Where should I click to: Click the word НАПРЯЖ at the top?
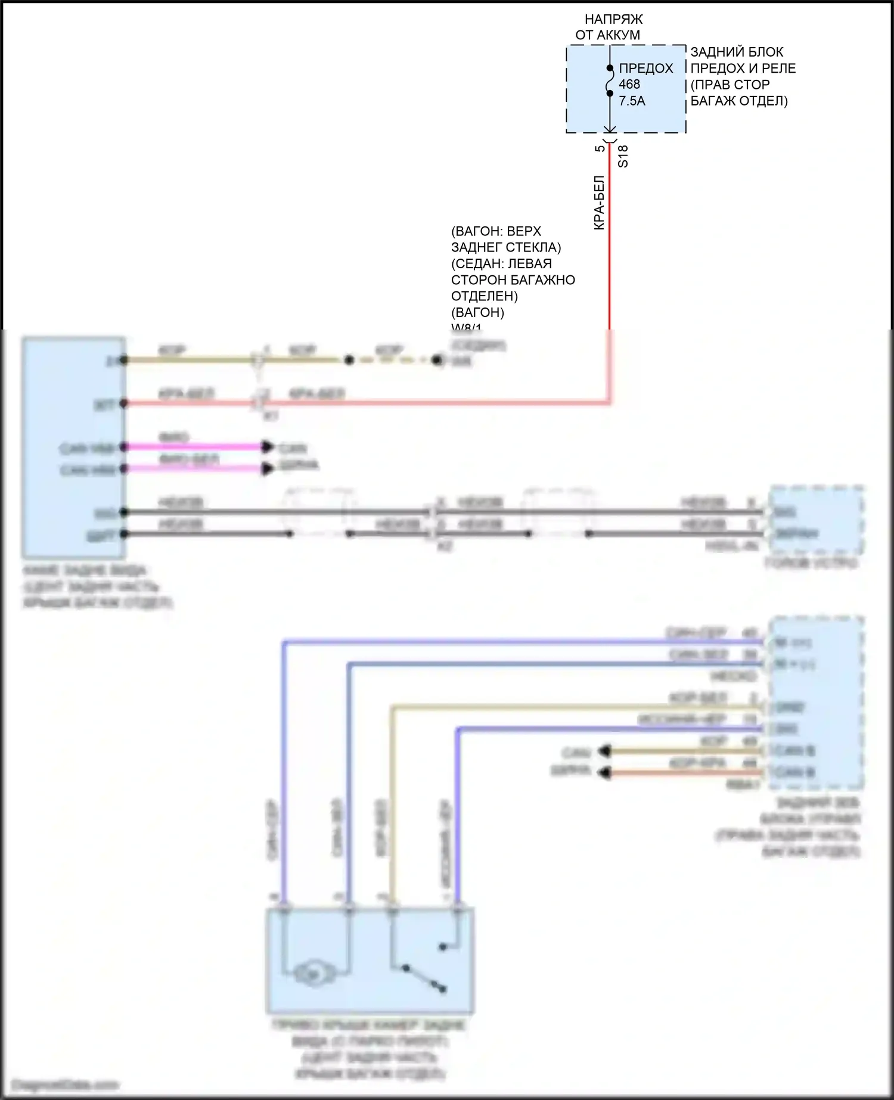[x=613, y=19]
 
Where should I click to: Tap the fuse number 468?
[x=629, y=85]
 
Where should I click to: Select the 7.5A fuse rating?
[x=632, y=101]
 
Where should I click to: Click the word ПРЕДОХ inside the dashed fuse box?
[x=645, y=69]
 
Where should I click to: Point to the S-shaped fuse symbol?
[x=610, y=80]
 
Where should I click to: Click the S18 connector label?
[x=623, y=156]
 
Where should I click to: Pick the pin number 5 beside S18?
[x=600, y=148]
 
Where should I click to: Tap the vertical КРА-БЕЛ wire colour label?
[x=600, y=203]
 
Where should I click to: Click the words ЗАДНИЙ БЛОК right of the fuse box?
[x=737, y=52]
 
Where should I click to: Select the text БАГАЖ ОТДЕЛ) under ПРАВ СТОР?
[x=739, y=101]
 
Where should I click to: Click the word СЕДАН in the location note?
[x=479, y=263]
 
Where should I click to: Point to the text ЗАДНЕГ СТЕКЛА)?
[x=506, y=247]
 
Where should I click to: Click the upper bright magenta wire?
[x=197, y=446]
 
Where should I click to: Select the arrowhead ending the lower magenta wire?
[x=268, y=469]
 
